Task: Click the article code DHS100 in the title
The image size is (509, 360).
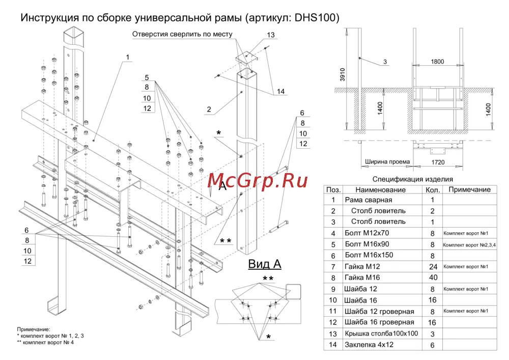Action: point(317,18)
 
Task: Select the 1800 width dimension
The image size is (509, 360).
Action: point(437,62)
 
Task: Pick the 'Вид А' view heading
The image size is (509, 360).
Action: point(265,264)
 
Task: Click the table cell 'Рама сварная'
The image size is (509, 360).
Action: point(369,200)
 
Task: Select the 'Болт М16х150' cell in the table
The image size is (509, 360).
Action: point(369,255)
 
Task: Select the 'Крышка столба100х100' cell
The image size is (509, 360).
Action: point(381,334)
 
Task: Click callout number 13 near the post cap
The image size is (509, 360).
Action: point(270,35)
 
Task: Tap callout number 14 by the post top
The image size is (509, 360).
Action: point(281,92)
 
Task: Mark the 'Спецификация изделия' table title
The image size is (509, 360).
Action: point(412,179)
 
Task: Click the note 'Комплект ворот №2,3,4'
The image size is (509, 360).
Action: point(469,244)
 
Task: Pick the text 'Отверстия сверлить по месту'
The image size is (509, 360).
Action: point(182,35)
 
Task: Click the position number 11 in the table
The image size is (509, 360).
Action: point(333,311)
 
